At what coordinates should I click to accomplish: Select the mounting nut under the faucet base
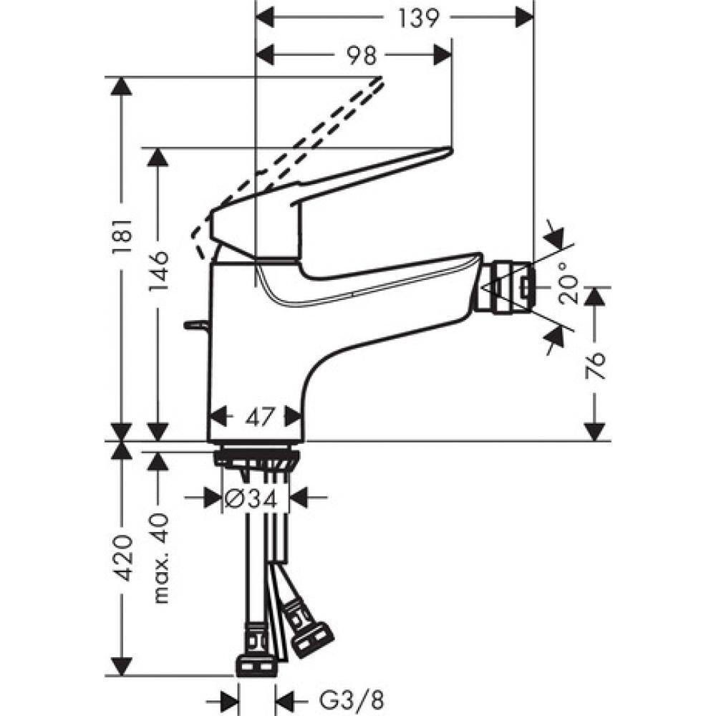[x=256, y=456]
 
